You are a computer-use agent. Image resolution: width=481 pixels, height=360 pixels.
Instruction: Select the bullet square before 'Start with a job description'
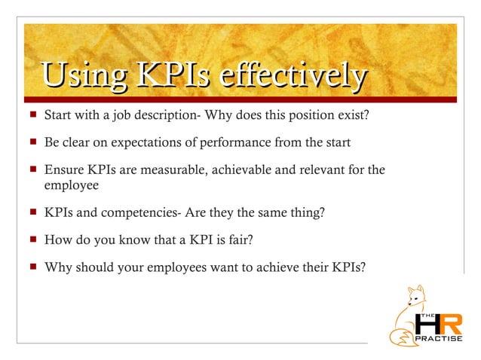pos(31,117)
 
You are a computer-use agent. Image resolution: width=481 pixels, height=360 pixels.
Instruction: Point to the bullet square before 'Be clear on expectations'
pos(31,142)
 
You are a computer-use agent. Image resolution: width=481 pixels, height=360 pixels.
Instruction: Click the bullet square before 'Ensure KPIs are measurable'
pos(31,169)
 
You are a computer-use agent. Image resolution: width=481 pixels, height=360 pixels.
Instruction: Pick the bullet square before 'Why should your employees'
pos(31,266)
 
